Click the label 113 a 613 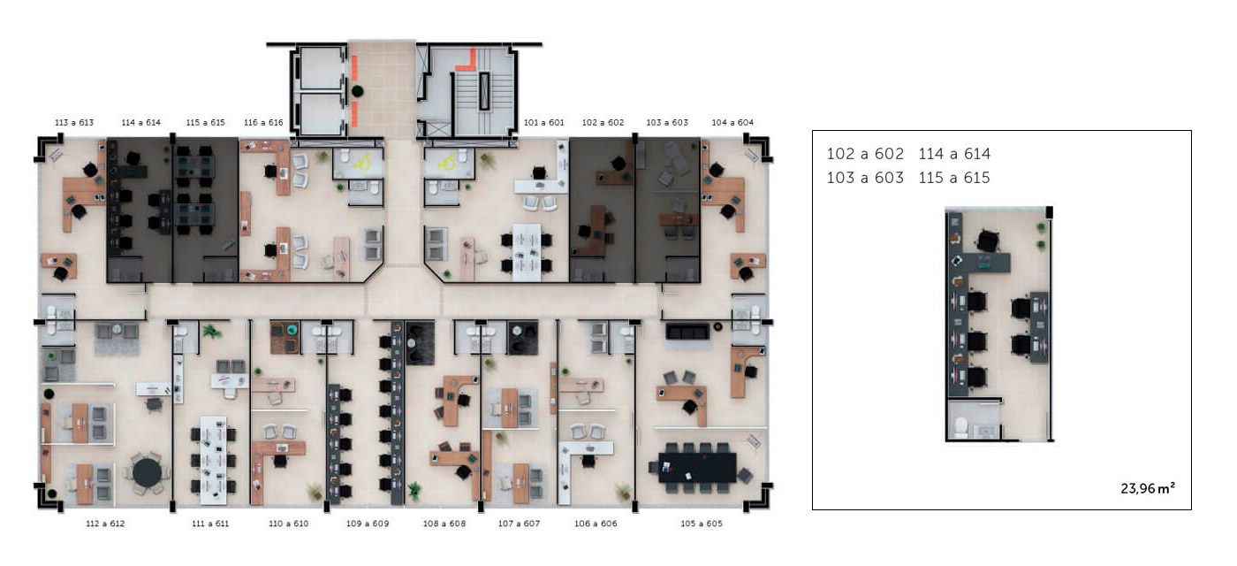pyautogui.click(x=74, y=123)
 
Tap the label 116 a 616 pyautogui.click(x=263, y=123)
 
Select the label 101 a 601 pyautogui.click(x=544, y=123)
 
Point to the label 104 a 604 pyautogui.click(x=732, y=123)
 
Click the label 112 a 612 pyautogui.click(x=105, y=524)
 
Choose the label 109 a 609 pyautogui.click(x=368, y=524)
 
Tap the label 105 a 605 pyautogui.click(x=702, y=524)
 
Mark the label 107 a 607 pyautogui.click(x=519, y=524)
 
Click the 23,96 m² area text pyautogui.click(x=1148, y=488)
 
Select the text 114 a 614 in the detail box pyautogui.click(x=954, y=154)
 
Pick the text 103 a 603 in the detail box pyautogui.click(x=865, y=178)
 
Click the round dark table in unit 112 pyautogui.click(x=147, y=472)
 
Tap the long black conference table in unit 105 pyautogui.click(x=697, y=468)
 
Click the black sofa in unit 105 pyautogui.click(x=687, y=332)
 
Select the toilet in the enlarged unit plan pyautogui.click(x=961, y=427)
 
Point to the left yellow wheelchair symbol pyautogui.click(x=363, y=163)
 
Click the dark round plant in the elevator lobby pyautogui.click(x=357, y=91)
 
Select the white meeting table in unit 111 pyautogui.click(x=214, y=460)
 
